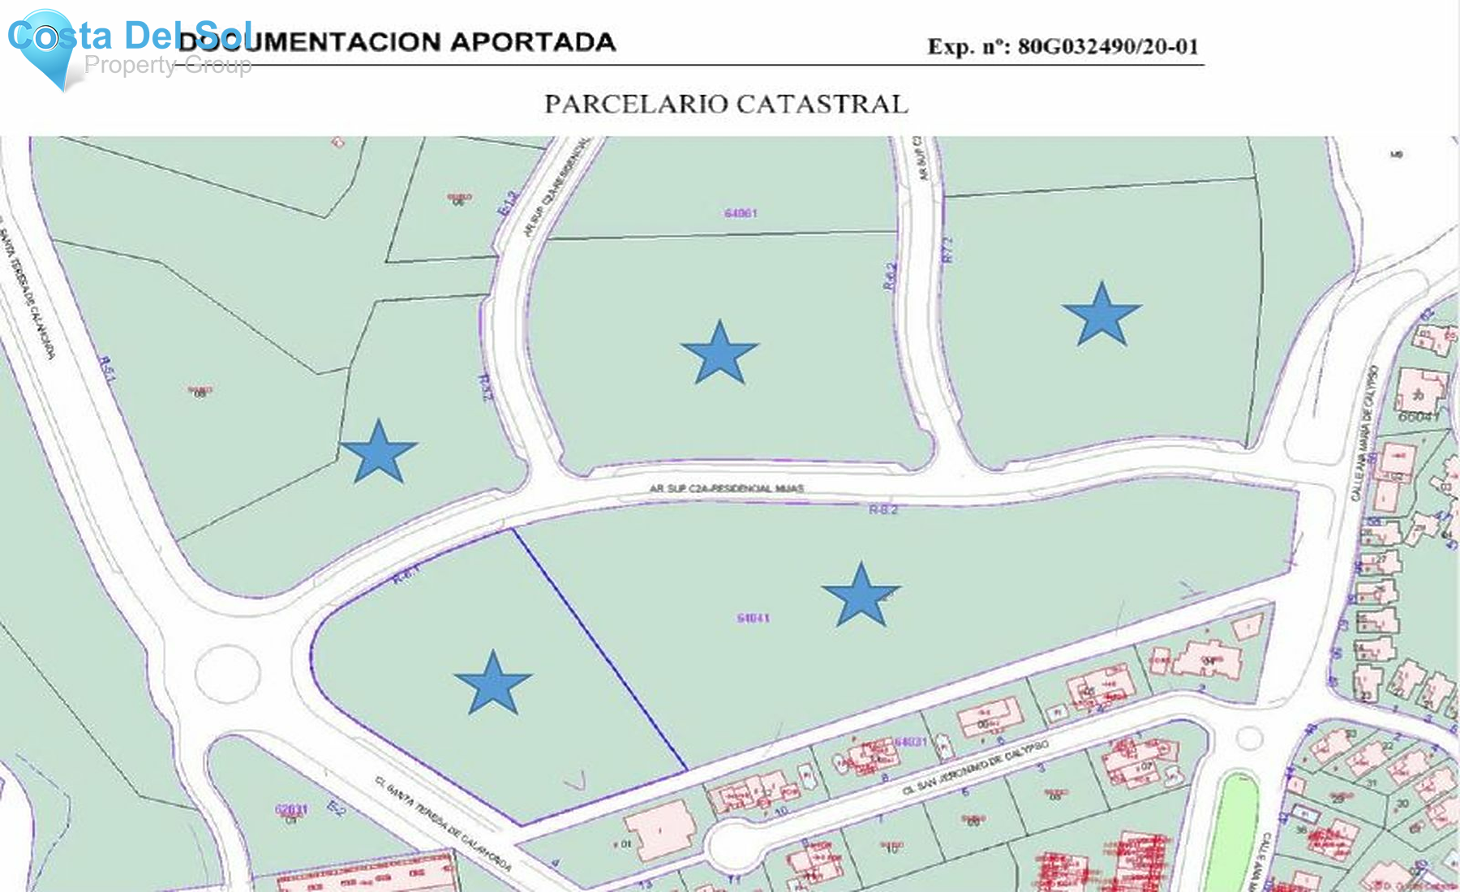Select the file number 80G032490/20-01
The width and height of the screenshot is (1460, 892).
point(1108,46)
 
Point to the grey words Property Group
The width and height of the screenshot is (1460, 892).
point(168,65)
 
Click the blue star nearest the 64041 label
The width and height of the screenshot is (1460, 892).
point(861,596)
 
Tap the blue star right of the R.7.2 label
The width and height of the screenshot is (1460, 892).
point(1101,315)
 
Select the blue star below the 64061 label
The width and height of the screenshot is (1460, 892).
point(719,354)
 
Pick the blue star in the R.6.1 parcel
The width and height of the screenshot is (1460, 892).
point(492,684)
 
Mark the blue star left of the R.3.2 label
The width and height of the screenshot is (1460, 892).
point(378,452)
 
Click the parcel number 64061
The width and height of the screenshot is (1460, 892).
point(741,213)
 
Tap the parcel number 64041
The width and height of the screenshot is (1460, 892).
point(754,619)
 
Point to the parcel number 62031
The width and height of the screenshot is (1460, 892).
point(291,809)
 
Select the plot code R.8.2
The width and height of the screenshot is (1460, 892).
point(883,510)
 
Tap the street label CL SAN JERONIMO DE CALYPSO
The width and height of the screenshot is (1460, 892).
point(976,767)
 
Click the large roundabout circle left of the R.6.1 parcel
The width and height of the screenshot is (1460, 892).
point(227,673)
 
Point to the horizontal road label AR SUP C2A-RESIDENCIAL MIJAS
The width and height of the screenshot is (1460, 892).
point(726,489)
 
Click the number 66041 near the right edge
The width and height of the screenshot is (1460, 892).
point(1419,417)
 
